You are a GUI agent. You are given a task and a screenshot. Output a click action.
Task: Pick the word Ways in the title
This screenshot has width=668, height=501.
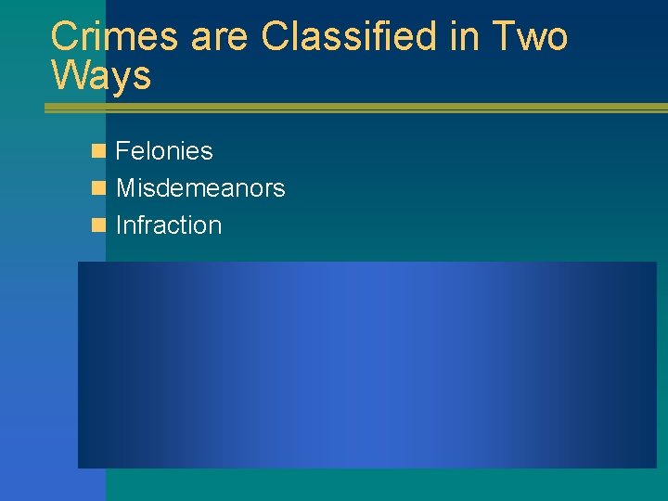101,76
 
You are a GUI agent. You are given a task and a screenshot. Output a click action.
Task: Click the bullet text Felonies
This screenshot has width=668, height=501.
164,151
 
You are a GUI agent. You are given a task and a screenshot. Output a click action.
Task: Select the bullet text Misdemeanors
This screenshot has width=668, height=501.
200,188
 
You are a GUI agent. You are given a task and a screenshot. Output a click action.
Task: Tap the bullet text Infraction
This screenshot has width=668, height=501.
169,225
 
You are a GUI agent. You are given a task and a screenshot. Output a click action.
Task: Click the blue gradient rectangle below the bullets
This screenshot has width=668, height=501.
366,365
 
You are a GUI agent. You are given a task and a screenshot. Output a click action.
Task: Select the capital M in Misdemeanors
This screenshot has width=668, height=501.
126,188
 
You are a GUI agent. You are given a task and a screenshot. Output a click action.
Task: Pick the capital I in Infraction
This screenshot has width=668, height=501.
119,225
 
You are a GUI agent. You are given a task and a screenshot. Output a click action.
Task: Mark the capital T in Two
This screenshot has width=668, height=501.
501,37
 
